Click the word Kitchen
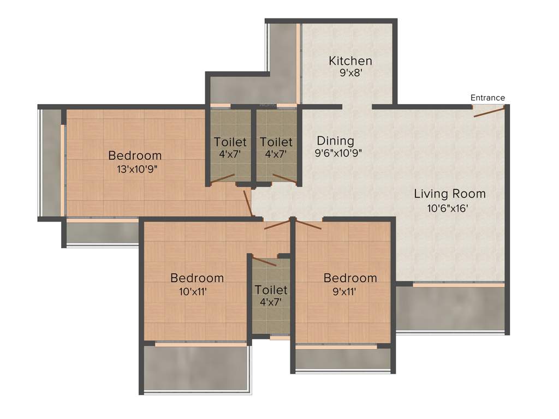pos(350,61)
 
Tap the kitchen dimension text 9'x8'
pos(350,73)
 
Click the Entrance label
pos(487,98)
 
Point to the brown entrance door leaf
pos(489,112)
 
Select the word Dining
pos(335,141)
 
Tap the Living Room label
pos(449,194)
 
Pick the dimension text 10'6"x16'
pos(449,207)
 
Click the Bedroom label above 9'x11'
pos(350,278)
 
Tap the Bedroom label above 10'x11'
pos(197,278)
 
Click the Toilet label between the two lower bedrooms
pos(271,290)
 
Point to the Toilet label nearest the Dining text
pos(276,142)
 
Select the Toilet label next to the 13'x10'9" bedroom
pos(230,142)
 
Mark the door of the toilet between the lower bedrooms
pos(264,261)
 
